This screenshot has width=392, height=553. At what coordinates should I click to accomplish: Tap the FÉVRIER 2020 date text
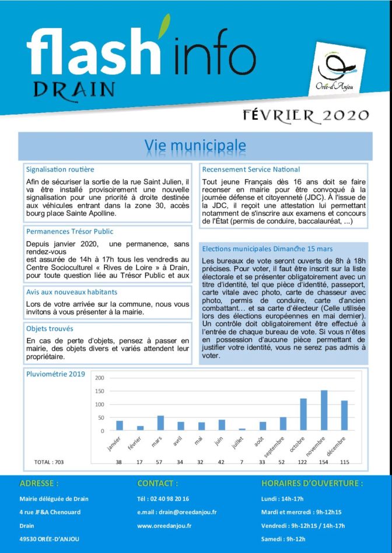(x=306, y=115)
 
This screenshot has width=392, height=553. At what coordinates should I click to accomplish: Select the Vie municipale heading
(x=195, y=145)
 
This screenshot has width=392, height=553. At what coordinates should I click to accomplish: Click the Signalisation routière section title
(x=60, y=169)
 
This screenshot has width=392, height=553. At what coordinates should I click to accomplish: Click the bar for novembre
(x=324, y=410)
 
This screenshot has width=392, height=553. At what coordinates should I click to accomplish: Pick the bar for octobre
(x=303, y=414)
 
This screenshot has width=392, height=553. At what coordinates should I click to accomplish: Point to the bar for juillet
(x=242, y=430)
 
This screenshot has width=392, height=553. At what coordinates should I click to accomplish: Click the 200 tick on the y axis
(x=99, y=378)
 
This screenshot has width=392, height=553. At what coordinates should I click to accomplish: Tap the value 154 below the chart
(x=324, y=462)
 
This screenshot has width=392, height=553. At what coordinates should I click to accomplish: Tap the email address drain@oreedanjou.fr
(x=177, y=512)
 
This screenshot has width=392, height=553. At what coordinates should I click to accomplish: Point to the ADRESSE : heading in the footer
(x=39, y=483)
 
